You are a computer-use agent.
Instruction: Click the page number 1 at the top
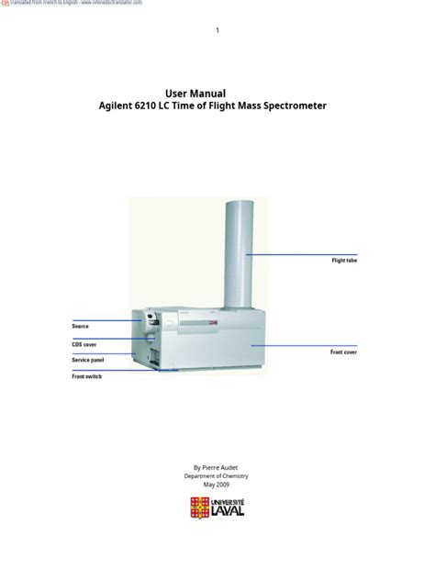coord(217,31)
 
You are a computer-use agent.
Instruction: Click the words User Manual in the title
coord(195,93)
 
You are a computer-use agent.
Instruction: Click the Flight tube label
coord(344,261)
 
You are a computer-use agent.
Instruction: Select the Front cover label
coord(343,351)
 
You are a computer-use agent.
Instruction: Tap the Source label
coord(81,326)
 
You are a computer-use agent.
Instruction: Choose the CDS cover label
coord(84,345)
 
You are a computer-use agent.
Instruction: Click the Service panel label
coord(88,360)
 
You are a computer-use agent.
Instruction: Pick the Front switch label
coord(87,376)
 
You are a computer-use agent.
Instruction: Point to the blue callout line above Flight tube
coord(301,254)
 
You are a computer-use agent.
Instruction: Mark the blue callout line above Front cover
coord(303,345)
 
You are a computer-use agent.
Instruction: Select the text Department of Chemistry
coord(217,476)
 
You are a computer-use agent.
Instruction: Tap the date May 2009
coord(217,485)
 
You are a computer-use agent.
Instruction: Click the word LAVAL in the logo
coord(227,511)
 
